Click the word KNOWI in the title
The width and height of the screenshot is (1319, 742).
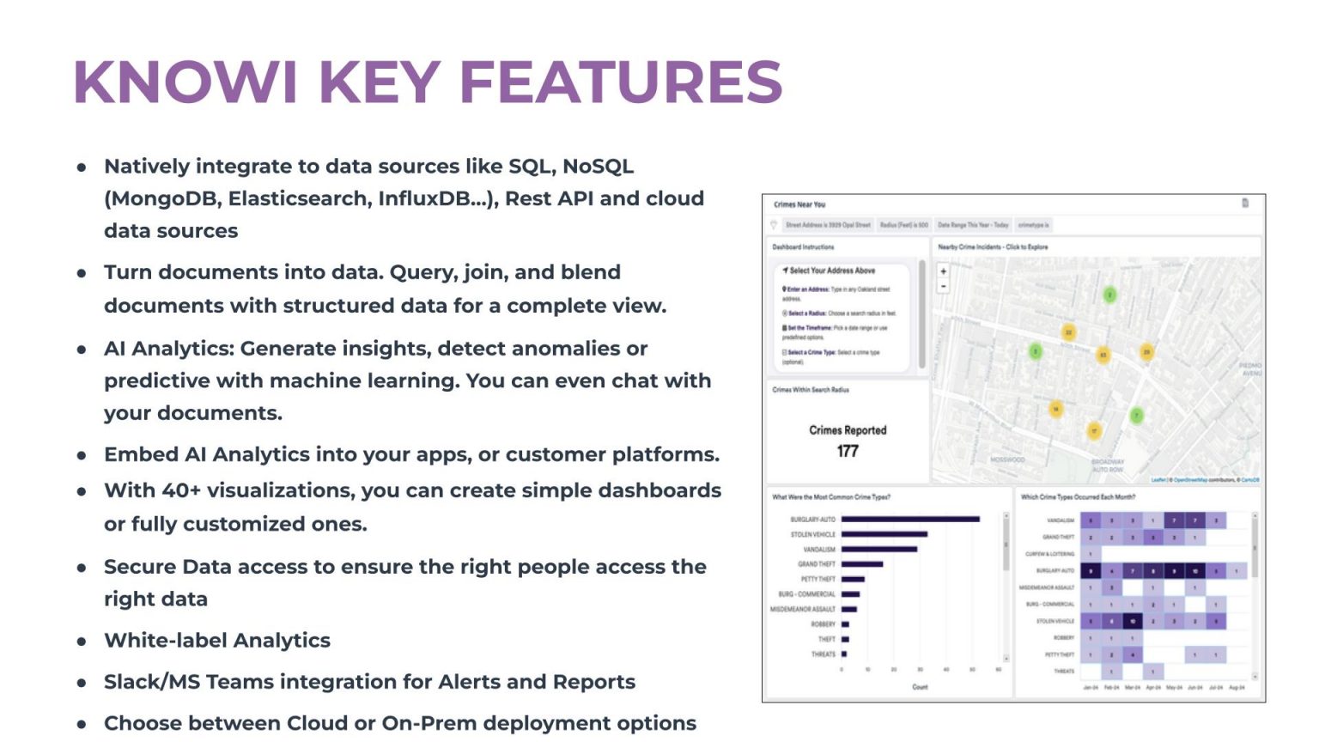[185, 82]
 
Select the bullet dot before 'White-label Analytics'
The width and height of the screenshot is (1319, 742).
[82, 641]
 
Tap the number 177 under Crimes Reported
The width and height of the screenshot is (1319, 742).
[847, 451]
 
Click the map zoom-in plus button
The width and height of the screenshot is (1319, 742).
[943, 271]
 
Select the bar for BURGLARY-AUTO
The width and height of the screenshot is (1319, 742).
[910, 520]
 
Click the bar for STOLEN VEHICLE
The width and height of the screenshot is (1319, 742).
[884, 534]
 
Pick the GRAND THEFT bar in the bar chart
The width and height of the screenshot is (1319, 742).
[862, 564]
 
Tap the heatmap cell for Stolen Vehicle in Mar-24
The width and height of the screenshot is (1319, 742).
[1133, 621]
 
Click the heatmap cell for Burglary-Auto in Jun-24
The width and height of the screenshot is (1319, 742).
[1194, 571]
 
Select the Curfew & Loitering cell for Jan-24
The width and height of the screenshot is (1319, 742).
[1091, 554]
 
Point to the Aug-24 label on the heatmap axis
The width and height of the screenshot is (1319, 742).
[1237, 687]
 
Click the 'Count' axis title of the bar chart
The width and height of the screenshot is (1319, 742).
[920, 687]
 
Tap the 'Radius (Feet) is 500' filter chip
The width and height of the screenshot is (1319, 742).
[903, 225]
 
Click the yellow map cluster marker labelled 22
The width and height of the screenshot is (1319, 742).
[1069, 332]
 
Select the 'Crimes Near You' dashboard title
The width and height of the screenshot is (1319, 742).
[799, 204]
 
